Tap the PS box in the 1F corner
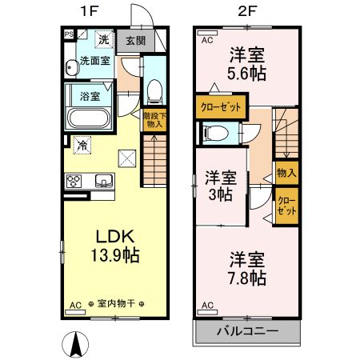coord(70,34)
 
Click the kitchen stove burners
coord(74,179)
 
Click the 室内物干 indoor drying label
coord(117,304)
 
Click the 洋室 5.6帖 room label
coord(247,63)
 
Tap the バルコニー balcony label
coord(246,330)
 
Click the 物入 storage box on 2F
coord(286,172)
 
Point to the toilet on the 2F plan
coord(214,134)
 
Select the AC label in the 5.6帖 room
coord(206,39)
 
